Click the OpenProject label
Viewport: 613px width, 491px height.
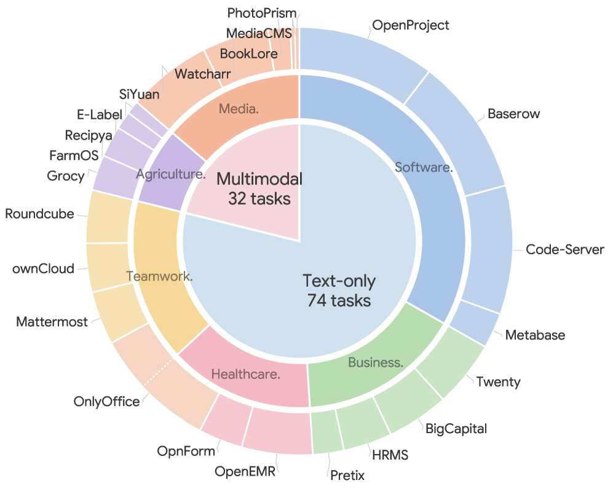coord(411,25)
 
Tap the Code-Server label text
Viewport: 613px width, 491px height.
coord(565,249)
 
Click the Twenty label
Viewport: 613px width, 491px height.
coord(499,382)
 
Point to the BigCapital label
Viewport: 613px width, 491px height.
coord(456,429)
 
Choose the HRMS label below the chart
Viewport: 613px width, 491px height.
coord(390,455)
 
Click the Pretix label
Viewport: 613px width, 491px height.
coord(347,476)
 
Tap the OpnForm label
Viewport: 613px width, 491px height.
coord(186,451)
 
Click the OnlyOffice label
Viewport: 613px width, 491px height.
coord(106,401)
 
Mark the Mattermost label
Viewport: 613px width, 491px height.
coord(52,322)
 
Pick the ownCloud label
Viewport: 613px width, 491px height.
coord(44,269)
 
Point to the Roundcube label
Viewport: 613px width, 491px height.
coord(39,214)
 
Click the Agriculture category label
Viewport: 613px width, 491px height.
coord(171,174)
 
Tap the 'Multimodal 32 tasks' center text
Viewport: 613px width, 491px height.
coord(259,188)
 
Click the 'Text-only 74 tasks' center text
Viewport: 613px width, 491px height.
coord(339,290)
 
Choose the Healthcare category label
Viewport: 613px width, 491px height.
coord(246,375)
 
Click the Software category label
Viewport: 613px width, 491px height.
coord(424,167)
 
